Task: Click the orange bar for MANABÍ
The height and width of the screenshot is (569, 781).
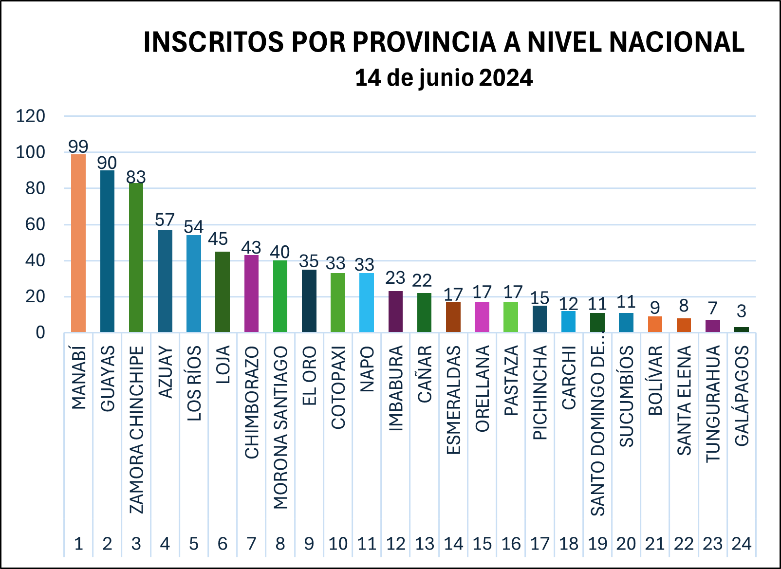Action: (78, 243)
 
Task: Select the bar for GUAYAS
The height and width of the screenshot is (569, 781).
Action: (107, 251)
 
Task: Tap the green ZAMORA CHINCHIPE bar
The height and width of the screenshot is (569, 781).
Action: (136, 257)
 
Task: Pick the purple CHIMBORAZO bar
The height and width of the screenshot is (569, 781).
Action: (251, 294)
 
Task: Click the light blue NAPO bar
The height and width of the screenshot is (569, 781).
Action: (367, 303)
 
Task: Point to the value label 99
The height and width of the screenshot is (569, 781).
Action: (78, 146)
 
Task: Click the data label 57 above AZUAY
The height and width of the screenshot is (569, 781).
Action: (165, 220)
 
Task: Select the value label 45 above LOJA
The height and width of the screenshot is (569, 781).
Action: (218, 239)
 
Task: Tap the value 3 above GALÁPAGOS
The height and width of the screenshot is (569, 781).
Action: (741, 311)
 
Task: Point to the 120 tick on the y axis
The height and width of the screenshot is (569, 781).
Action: (30, 116)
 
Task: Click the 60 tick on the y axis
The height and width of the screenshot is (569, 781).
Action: (35, 224)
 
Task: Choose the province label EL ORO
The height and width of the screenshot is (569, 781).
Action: (310, 376)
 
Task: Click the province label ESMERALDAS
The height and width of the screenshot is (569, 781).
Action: (453, 400)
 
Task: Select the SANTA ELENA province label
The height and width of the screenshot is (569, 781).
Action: (684, 401)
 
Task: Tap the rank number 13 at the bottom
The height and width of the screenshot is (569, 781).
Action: (425, 544)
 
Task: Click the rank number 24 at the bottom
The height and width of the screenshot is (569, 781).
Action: (741, 544)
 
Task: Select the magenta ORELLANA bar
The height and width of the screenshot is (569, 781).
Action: (482, 317)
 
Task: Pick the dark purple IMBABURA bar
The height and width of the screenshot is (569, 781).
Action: (395, 312)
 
